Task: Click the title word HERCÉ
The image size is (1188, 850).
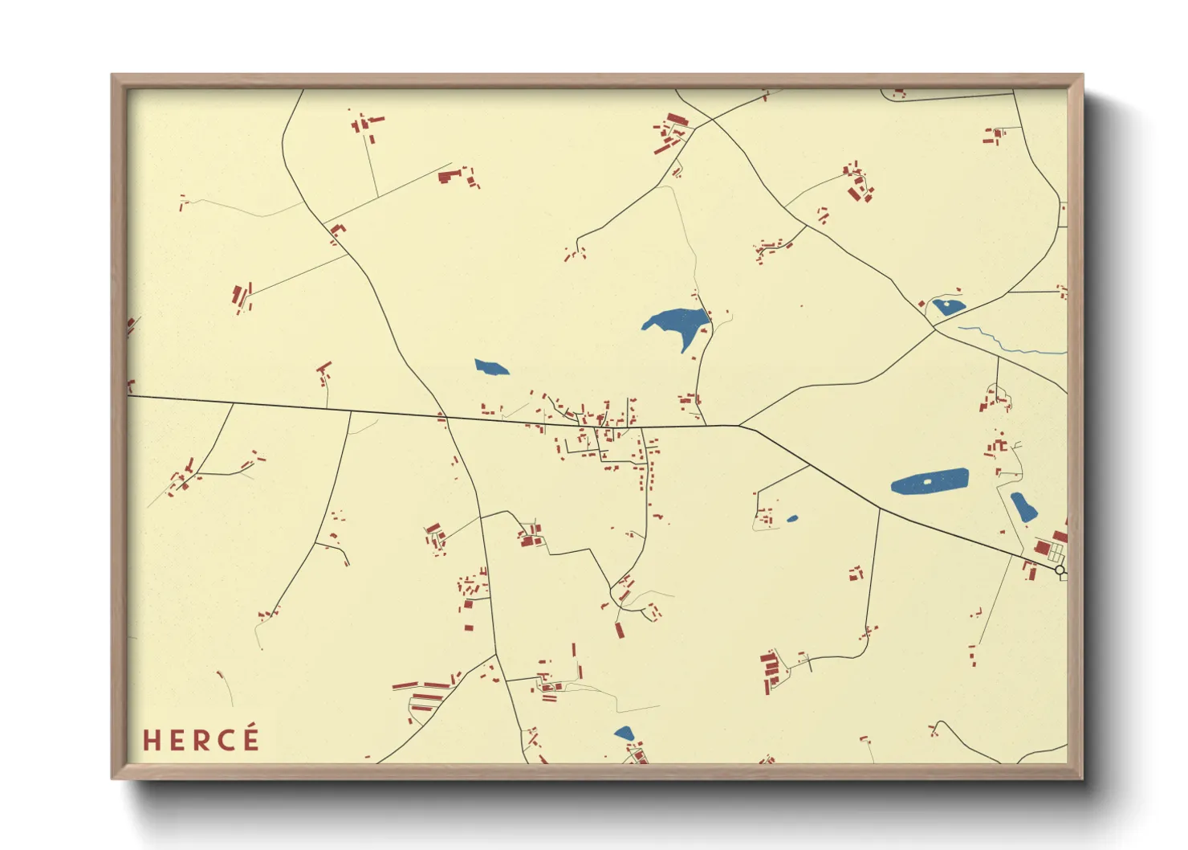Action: [x=201, y=739]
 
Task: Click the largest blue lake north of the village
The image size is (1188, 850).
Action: [x=679, y=324]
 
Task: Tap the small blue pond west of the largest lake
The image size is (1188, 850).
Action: [x=490, y=368]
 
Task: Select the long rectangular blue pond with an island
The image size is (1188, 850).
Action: [x=930, y=481]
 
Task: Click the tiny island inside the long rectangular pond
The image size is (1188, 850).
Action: [x=928, y=481]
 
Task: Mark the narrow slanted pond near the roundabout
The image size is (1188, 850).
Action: [x=1023, y=507]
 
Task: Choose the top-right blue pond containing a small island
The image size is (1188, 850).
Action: [x=947, y=307]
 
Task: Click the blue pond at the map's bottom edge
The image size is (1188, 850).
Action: [x=624, y=733]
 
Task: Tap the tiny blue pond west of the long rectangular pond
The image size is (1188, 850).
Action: [x=792, y=519]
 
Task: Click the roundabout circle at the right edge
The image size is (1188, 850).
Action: [x=1060, y=570]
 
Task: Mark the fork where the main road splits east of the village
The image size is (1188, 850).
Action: [x=739, y=425]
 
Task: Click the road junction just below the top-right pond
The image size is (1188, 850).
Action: [x=934, y=329]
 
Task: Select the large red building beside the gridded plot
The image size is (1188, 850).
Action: [x=1042, y=548]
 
